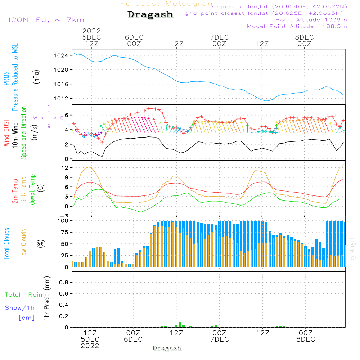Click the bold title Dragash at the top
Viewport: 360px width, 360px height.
(150, 15)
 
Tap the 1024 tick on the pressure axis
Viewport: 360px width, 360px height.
(61, 55)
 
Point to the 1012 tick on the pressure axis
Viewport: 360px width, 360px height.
(61, 99)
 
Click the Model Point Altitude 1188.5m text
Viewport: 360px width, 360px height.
(297, 26)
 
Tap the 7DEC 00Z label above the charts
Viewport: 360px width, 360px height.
(219, 41)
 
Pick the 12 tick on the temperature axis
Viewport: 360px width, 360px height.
(65, 168)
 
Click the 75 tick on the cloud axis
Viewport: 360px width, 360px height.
(65, 232)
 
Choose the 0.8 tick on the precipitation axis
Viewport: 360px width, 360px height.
(64, 282)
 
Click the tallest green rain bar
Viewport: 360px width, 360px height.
(180, 324)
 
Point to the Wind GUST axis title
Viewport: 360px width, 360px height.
(6, 132)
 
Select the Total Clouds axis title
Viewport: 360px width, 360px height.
(6, 244)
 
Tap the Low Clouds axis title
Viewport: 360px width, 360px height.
(23, 244)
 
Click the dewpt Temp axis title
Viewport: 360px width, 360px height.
(32, 189)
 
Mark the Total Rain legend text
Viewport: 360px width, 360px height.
(24, 295)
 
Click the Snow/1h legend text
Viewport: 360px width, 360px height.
(20, 308)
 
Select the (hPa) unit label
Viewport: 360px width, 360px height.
(36, 77)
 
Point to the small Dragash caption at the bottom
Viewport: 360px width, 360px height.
(167, 348)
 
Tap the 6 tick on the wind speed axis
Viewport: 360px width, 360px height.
(66, 115)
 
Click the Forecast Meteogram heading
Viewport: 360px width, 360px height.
(168, 4)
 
